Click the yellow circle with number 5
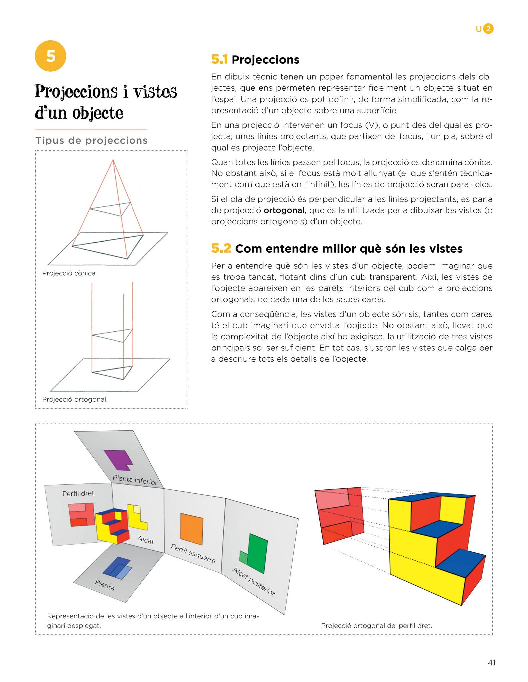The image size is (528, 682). (x=50, y=56)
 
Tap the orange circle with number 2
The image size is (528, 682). (x=488, y=29)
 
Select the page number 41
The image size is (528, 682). (x=491, y=663)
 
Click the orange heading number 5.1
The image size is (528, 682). (x=219, y=59)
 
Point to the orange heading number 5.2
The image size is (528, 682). (x=221, y=248)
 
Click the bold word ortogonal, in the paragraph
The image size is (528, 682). (x=285, y=210)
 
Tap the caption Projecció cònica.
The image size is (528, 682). (x=70, y=273)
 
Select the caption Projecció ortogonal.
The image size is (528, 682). (x=75, y=399)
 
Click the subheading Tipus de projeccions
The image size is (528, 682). (x=92, y=140)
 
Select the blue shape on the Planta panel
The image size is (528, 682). (x=117, y=568)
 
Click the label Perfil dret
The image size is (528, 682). (x=78, y=493)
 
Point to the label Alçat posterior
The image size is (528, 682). (x=254, y=581)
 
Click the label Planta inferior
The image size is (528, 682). (x=135, y=480)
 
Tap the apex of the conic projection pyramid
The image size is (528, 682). (x=113, y=160)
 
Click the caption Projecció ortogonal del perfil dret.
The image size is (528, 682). (x=377, y=626)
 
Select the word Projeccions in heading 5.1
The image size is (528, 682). (x=266, y=60)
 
